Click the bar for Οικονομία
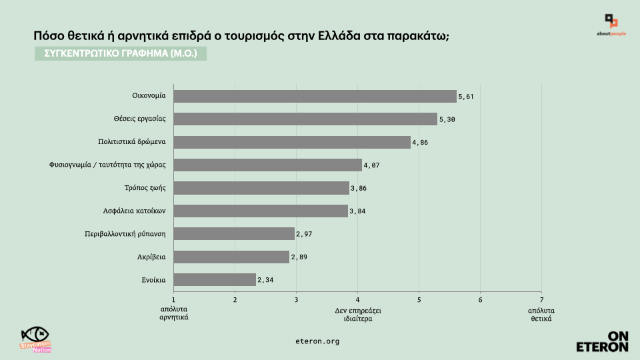315,97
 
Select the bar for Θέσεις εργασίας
305,119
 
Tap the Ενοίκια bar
215,279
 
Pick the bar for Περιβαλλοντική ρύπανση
234,233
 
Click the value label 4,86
420,143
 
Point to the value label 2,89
299,257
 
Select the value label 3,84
358,211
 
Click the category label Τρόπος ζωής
145,188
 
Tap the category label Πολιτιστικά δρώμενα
131,142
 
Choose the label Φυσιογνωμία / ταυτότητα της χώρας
107,165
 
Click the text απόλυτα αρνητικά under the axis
174,314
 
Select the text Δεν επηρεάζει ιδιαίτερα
358,315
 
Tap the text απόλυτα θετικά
541,315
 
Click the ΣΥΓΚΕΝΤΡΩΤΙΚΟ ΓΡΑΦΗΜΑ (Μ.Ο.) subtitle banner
121,53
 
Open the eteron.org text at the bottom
317,341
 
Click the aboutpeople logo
611,25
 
